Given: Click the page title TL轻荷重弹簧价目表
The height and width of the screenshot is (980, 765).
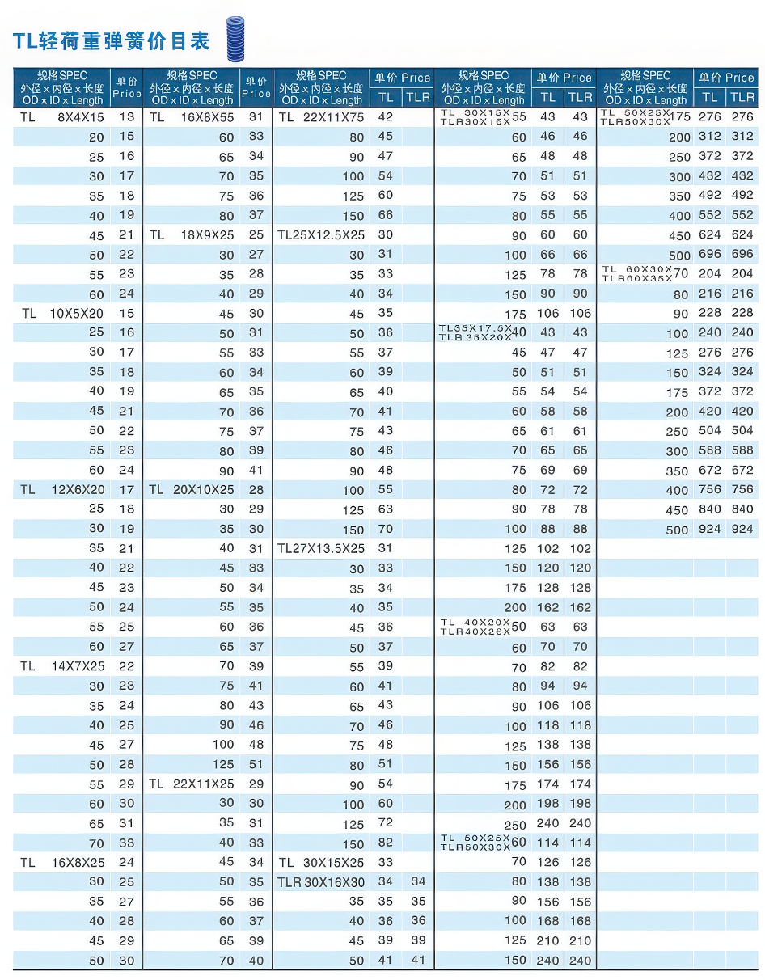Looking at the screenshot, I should tap(112, 40).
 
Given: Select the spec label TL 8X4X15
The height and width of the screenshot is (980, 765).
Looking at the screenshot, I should tap(63, 117).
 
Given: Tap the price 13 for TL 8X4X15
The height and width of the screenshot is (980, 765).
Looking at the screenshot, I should tap(126, 117).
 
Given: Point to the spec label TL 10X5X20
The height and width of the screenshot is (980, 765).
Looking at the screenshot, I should tap(63, 313).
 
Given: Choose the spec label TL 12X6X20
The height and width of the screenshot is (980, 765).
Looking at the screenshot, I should tap(63, 490).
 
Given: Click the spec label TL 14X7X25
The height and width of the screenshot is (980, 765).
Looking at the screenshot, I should tap(63, 666).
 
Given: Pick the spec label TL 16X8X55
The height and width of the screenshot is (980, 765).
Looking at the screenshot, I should tap(192, 117).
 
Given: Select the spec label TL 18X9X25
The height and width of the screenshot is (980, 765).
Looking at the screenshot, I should tap(192, 234).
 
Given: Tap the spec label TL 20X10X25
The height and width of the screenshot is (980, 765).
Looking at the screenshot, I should tap(192, 490).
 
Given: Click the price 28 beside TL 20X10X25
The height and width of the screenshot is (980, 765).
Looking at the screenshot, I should tap(256, 490).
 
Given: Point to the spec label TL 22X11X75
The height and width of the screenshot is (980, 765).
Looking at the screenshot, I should tap(321, 117).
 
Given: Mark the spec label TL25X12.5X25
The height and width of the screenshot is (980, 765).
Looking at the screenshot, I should tap(321, 234).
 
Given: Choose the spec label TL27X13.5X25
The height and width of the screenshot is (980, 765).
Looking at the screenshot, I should tap(321, 548).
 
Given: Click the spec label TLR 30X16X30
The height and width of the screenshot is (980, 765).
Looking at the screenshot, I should tap(321, 882).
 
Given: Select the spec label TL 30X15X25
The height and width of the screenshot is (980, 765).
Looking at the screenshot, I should tap(321, 863).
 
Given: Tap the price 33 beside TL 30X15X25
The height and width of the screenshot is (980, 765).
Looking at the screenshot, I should tap(386, 863).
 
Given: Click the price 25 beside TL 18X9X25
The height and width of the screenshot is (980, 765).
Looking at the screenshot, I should tap(256, 234).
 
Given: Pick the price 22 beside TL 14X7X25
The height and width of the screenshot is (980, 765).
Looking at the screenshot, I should tap(126, 666).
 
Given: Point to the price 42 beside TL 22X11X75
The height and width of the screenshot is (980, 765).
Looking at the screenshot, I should tap(386, 117).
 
